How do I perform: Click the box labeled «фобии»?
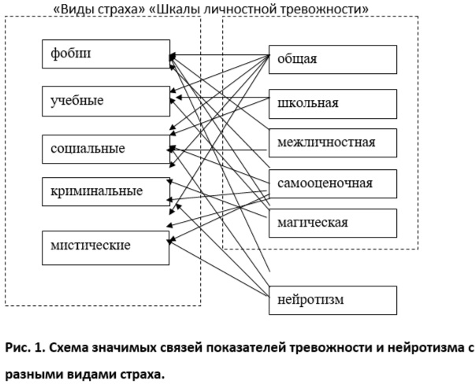(x=106, y=54)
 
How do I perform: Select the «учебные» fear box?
(x=106, y=101)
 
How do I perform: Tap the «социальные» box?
(x=106, y=150)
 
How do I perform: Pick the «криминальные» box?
(x=106, y=191)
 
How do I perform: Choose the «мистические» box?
(x=106, y=248)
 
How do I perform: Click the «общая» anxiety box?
(x=332, y=59)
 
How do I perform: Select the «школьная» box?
(x=332, y=104)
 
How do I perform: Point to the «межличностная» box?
(x=332, y=143)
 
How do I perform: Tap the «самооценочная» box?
(x=332, y=183)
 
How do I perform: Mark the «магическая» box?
(x=332, y=223)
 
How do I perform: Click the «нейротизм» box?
(x=332, y=300)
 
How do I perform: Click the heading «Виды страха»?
(x=99, y=9)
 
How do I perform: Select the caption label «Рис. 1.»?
(x=25, y=348)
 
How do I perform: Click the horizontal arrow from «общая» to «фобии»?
(x=219, y=55)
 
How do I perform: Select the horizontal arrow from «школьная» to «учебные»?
(x=223, y=98)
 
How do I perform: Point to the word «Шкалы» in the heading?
(x=175, y=9)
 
